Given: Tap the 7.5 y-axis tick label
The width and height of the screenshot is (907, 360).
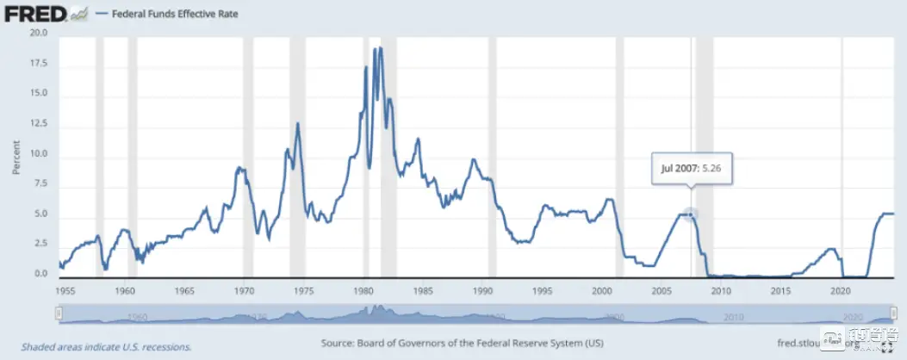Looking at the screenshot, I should (x=40, y=185).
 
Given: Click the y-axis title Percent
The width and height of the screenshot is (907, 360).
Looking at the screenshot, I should (x=16, y=155).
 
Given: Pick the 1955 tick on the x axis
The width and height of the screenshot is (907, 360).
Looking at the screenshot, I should (x=65, y=290).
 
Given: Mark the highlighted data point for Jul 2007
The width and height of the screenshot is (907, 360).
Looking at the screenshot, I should (x=691, y=213).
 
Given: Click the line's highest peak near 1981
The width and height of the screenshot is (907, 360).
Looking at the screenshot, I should (x=376, y=48).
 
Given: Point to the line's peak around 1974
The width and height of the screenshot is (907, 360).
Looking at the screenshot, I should (x=298, y=123).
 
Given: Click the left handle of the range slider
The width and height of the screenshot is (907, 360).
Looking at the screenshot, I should (x=59, y=314).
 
